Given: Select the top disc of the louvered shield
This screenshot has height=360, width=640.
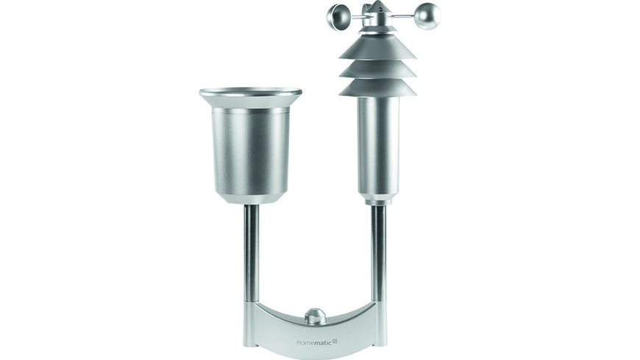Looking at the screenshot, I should coord(377,47).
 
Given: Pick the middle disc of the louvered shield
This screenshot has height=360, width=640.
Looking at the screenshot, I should coord(377,68).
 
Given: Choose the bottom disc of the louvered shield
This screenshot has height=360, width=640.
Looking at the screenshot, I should coord(377,87).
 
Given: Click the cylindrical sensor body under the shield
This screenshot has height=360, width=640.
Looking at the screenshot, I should coord(378,144).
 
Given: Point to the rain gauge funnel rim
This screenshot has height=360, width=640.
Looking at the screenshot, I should coord(250,93).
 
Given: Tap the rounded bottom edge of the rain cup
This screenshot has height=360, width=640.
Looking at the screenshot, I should coord(250,197).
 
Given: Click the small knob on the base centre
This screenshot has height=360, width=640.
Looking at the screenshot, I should coord(315,317).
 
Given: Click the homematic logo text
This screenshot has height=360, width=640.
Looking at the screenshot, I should coord(313,342).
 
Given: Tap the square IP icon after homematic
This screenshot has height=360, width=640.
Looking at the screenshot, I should coord(335,341).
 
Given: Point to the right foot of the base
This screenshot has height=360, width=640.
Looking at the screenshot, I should coord(379,335).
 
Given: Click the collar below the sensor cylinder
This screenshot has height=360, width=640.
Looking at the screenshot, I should coord(378,199).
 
